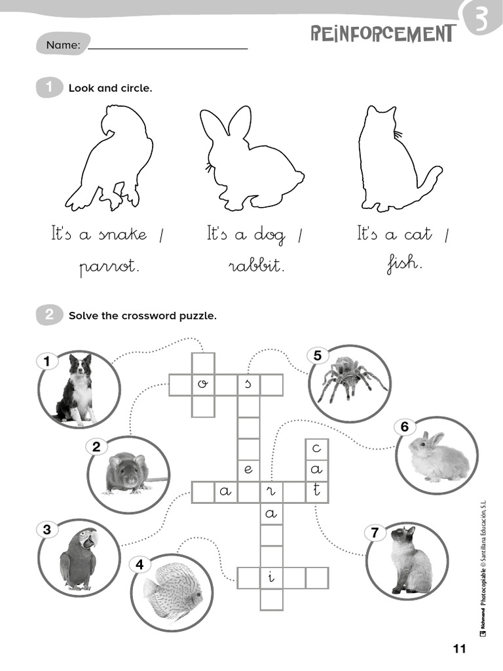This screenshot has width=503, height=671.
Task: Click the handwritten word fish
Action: (403, 263)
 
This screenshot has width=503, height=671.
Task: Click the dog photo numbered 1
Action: (77, 389)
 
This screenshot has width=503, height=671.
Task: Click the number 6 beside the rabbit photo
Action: (405, 427)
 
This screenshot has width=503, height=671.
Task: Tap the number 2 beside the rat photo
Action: (96, 448)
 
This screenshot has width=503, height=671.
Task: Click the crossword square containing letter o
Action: (202, 385)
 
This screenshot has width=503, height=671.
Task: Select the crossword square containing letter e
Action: (248, 470)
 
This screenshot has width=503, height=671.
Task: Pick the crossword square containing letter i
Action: (271, 578)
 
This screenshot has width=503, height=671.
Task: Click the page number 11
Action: (458, 649)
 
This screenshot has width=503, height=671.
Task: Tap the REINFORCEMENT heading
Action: (382, 33)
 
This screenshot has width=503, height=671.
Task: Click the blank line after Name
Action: (168, 47)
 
